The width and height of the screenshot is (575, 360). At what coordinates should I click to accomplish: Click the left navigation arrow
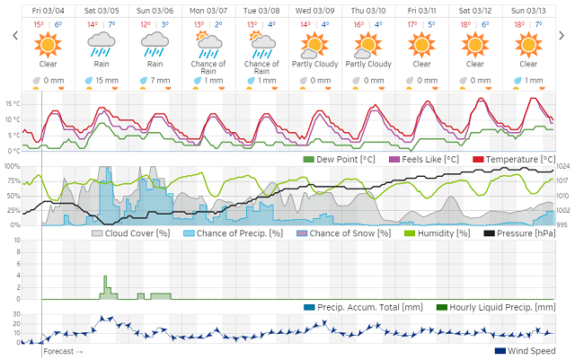[13, 36]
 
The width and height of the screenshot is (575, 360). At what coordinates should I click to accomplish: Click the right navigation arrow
[562, 36]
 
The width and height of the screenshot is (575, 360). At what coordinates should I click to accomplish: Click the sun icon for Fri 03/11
[420, 43]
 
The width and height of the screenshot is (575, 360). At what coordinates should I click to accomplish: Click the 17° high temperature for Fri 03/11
[412, 24]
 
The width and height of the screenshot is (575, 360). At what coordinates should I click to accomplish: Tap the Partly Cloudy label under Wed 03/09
[314, 65]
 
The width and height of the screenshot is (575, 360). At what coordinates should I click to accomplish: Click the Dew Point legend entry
[332, 159]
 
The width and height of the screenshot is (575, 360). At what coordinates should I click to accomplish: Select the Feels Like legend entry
[412, 159]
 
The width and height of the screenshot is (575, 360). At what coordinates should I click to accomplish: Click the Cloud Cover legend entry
[130, 233]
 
